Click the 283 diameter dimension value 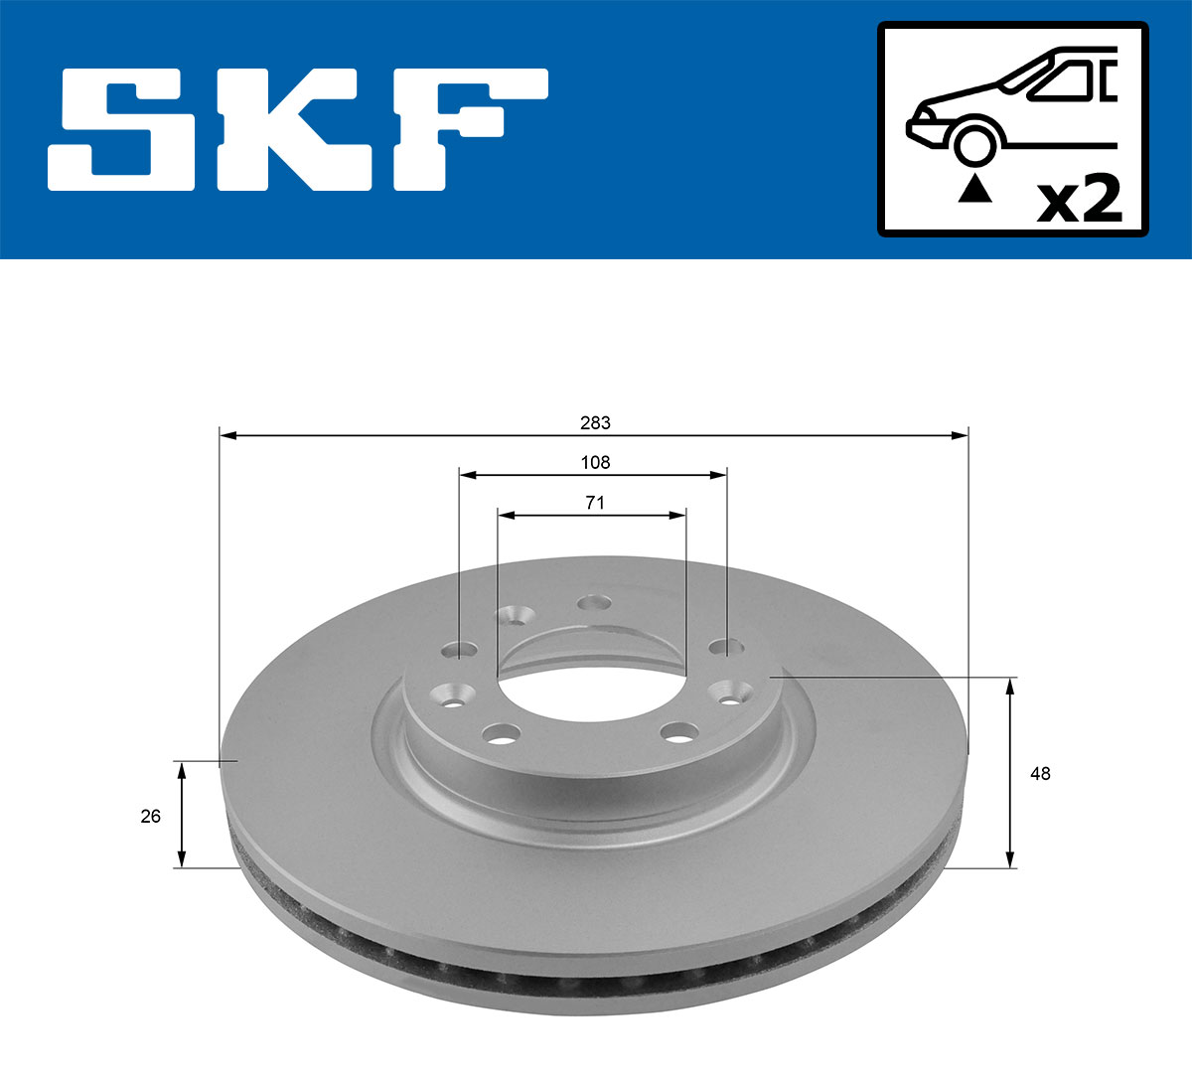tap(595, 423)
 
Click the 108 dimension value tap(595, 462)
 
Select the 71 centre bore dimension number tap(594, 503)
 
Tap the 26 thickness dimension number tap(150, 817)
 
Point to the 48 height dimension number tap(1040, 773)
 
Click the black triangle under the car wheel tap(974, 188)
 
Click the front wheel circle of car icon tap(974, 143)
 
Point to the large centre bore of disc tap(592, 686)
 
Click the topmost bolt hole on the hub tap(594, 602)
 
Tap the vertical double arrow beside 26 tap(181, 814)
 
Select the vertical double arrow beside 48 tap(1011, 772)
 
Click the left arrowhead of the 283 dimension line tap(226, 435)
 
